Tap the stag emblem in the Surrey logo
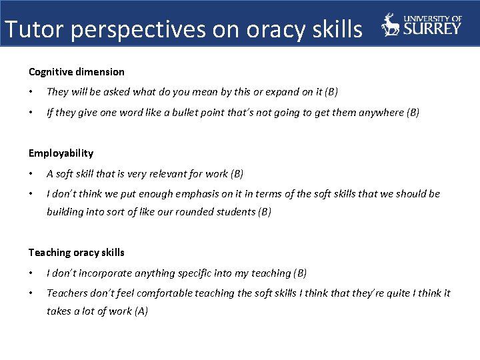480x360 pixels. click(391, 25)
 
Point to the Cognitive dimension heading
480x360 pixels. click(76, 72)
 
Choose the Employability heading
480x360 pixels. click(61, 153)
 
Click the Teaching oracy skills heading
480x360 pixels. click(76, 253)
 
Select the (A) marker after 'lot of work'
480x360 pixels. click(140, 311)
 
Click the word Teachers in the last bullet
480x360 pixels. click(67, 293)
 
